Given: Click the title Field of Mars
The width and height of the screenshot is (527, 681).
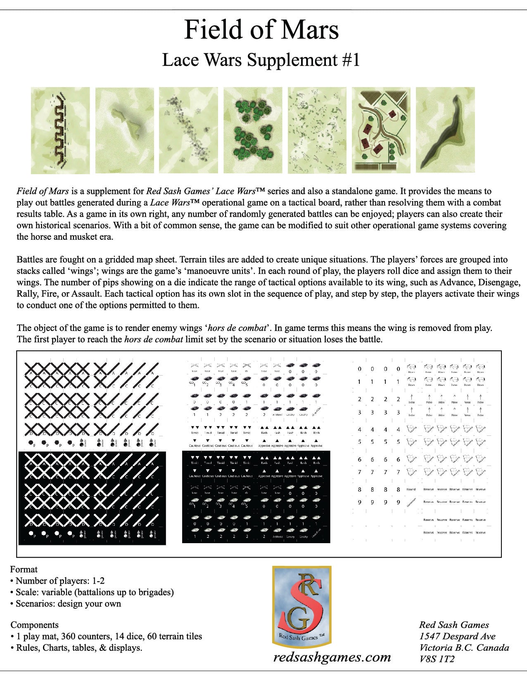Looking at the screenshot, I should tap(261, 30).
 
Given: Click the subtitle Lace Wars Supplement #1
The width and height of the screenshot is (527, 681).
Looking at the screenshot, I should tap(261, 60).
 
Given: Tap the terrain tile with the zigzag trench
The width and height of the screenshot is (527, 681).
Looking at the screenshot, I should tap(60, 130).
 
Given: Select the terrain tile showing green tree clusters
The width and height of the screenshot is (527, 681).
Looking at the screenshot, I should tap(253, 130).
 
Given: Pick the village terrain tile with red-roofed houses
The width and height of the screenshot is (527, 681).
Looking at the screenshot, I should tap(381, 130).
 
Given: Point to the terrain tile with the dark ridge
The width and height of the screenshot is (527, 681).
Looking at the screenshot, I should tap(445, 130).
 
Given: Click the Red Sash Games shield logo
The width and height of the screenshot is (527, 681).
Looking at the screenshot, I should tap(301, 607).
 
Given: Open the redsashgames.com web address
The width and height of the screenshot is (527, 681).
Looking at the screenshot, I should tap(332, 657).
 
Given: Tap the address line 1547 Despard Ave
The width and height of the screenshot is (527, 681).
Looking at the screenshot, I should tap(457, 636).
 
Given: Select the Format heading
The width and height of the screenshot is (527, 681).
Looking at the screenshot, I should tap(24, 569).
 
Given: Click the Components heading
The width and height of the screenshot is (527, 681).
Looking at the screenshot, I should tap(34, 625).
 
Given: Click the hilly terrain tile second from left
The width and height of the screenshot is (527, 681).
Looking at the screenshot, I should tap(124, 130).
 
